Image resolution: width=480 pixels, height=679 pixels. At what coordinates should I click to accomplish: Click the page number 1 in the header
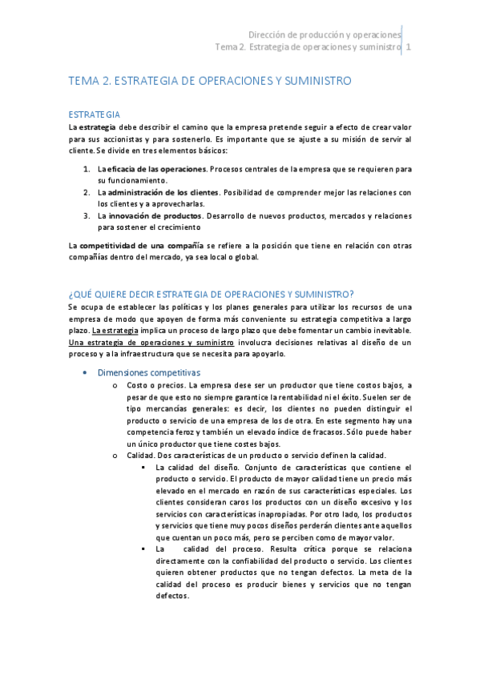point(409,47)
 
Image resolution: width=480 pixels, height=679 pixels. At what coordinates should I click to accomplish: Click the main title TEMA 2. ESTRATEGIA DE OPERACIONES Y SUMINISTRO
point(210,81)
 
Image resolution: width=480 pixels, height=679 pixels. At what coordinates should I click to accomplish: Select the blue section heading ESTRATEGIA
point(95,115)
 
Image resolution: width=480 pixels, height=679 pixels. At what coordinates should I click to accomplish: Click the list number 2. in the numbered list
point(87,192)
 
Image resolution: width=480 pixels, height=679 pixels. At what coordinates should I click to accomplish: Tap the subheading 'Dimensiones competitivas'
point(148,372)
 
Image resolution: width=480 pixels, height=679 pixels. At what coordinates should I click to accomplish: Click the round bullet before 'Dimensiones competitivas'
point(86,373)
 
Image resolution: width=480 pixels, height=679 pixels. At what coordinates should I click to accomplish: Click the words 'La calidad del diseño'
point(196,467)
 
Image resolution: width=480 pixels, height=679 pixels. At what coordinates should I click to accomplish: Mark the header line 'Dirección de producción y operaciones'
point(325,35)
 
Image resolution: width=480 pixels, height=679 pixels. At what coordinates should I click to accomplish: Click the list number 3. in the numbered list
point(87,215)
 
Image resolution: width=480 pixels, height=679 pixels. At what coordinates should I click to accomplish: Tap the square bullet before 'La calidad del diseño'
point(143,467)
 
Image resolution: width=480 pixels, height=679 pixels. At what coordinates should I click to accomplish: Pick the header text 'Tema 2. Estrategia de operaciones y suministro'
point(309,47)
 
